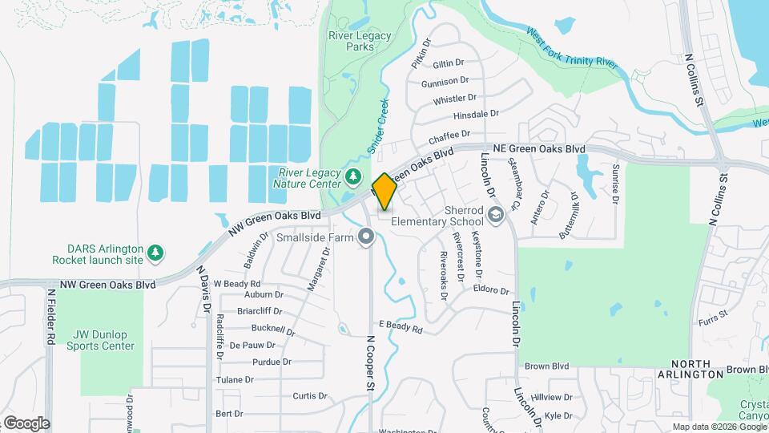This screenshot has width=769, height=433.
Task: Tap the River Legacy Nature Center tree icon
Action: pyautogui.click(x=352, y=176)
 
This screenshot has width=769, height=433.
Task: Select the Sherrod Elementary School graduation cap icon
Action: pyautogui.click(x=496, y=214)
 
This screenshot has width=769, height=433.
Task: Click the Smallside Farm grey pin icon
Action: pyautogui.click(x=367, y=237)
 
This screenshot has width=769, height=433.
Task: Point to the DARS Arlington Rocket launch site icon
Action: pyautogui.click(x=155, y=253)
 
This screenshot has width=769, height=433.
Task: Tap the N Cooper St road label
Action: pyautogui.click(x=371, y=363)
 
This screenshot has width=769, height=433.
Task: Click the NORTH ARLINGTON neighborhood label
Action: pyautogui.click(x=690, y=369)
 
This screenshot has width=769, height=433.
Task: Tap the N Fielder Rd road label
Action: pyautogui.click(x=50, y=316)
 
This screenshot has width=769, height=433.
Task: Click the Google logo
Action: pyautogui.click(x=26, y=423)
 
